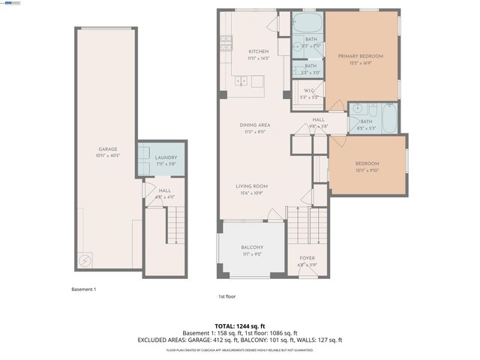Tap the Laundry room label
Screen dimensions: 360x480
tap(166, 157)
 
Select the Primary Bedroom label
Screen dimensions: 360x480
tap(360, 55)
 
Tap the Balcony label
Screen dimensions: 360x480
tap(252, 247)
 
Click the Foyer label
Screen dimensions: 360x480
tap(306, 258)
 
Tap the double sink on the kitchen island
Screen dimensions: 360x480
tap(241, 80)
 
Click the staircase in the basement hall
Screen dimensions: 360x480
tap(174, 225)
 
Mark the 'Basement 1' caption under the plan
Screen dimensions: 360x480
tap(84, 289)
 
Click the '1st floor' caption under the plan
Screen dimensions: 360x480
tap(227, 296)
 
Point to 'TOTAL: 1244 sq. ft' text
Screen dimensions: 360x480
tap(240, 325)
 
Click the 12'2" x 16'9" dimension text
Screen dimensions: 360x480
tap(360, 63)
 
